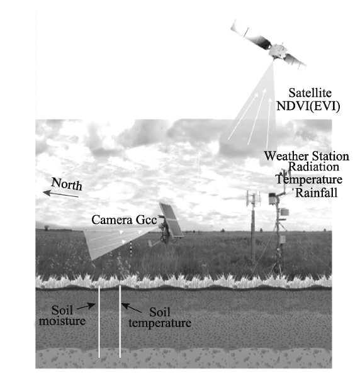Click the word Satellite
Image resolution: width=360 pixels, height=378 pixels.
[x=310, y=93]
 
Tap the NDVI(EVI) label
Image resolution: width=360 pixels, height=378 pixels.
[x=308, y=106]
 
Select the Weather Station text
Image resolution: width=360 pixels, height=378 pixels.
[x=307, y=156]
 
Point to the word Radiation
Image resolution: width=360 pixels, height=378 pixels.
[x=313, y=167]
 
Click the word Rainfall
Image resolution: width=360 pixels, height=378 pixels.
[x=317, y=192]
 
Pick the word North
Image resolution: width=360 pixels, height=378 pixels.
[x=67, y=184]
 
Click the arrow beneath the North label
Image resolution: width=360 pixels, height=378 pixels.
[x=60, y=194]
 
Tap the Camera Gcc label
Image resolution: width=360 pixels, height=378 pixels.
[x=124, y=220]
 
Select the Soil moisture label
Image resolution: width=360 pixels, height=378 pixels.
[x=62, y=316]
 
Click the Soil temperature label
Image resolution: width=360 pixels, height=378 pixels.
[x=160, y=318]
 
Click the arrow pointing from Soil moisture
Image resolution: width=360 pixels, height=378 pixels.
[x=86, y=306]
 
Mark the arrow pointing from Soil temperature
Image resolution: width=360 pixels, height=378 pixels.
[x=132, y=308]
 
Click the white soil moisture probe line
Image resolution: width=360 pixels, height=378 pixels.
[x=99, y=321]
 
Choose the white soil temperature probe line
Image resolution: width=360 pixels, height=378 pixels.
[x=120, y=321]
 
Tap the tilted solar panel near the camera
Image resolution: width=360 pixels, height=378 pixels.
[x=171, y=221]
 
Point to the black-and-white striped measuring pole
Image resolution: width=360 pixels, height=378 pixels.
[x=131, y=248]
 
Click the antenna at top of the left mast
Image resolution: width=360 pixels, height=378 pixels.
[x=253, y=199]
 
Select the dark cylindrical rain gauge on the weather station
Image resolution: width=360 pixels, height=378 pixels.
[x=273, y=199]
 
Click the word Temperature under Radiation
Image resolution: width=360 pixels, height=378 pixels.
[x=309, y=180]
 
